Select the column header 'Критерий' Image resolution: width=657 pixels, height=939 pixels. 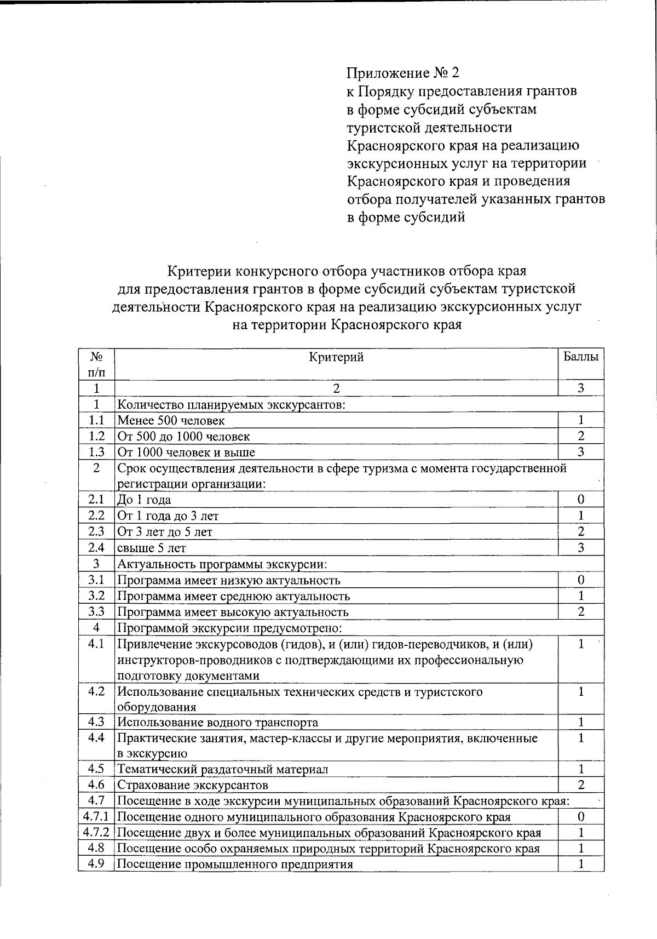pos(336,358)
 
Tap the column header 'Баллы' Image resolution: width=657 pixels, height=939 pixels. pos(581,357)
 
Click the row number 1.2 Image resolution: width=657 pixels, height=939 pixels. pos(96,436)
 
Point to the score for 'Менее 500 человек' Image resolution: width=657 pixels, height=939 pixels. pos(581,420)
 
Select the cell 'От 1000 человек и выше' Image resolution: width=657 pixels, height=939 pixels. pos(187,453)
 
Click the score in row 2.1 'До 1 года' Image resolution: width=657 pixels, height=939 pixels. pos(581,500)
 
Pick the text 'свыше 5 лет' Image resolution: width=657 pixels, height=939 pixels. pos(152,548)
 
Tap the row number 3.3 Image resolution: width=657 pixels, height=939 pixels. pos(96,612)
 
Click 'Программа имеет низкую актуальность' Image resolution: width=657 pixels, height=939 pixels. pos(229,580)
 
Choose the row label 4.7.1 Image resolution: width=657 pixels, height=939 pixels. pos(96,817)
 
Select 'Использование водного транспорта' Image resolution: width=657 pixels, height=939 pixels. pos(217,723)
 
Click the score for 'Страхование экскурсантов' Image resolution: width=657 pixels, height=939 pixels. pos(581,785)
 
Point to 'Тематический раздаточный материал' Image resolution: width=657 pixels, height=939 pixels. pos(223,769)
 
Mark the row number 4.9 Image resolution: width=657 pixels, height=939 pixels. pos(96,864)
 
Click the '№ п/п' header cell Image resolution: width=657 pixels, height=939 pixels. pos(96,364)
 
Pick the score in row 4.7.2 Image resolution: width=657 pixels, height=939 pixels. pos(581,833)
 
